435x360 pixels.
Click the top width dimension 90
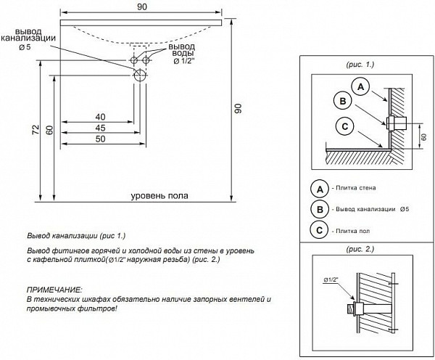(x=141, y=7)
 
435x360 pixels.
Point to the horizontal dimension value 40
(x=100, y=117)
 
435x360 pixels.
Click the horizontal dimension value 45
(x=100, y=128)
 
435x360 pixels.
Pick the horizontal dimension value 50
(x=100, y=139)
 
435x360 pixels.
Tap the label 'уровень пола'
(x=160, y=196)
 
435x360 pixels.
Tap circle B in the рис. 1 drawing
(x=342, y=101)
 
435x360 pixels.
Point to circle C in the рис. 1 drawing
(x=345, y=126)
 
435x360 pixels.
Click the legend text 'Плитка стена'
(x=352, y=189)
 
